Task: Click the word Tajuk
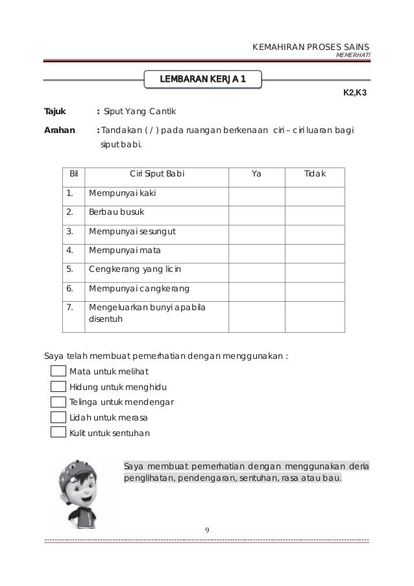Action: (54, 111)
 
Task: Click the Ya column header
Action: (256, 175)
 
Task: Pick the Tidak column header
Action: (315, 175)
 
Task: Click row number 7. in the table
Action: (69, 307)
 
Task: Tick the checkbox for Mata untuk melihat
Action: (58, 372)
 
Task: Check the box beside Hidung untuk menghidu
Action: (58, 387)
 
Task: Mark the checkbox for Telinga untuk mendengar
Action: (58, 402)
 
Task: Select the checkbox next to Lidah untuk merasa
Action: (58, 417)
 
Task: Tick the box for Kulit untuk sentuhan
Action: (58, 432)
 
